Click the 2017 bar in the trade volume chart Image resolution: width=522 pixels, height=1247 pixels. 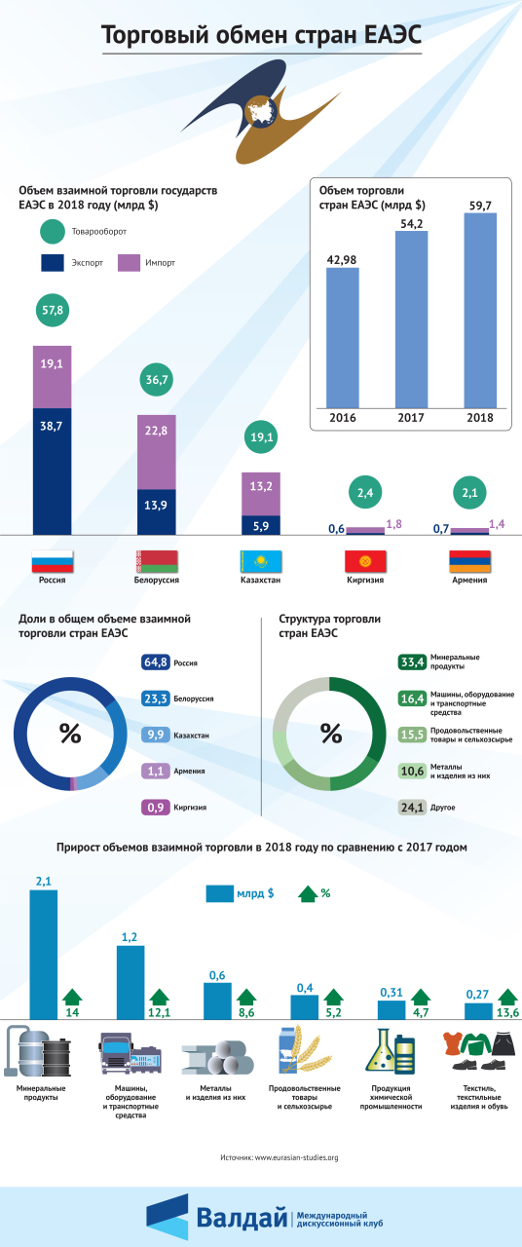click(x=411, y=320)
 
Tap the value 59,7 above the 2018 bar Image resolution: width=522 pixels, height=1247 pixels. click(x=480, y=206)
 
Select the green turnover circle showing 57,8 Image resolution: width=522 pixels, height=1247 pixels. click(x=53, y=310)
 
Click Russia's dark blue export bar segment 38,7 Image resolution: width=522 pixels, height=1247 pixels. click(x=53, y=472)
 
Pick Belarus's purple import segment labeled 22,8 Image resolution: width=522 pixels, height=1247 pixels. click(x=157, y=452)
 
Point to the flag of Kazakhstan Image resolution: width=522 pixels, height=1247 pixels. click(x=260, y=562)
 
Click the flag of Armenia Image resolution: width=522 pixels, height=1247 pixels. click(x=469, y=562)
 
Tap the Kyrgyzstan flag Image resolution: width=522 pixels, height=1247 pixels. click(x=365, y=562)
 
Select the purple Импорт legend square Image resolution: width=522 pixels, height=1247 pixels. click(x=129, y=263)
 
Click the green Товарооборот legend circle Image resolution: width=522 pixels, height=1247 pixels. click(x=53, y=232)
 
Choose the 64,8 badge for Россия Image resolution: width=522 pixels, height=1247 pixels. click(x=155, y=661)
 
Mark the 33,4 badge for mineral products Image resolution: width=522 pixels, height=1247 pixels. click(x=412, y=661)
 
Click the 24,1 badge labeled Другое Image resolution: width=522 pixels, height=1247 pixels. click(x=412, y=808)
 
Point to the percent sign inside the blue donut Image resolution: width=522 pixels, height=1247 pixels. click(x=70, y=734)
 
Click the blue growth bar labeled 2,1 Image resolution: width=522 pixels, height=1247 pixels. click(x=44, y=954)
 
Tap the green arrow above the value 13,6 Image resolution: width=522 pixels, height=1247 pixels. click(x=507, y=997)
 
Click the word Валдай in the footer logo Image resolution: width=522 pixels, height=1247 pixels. click(x=241, y=1217)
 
